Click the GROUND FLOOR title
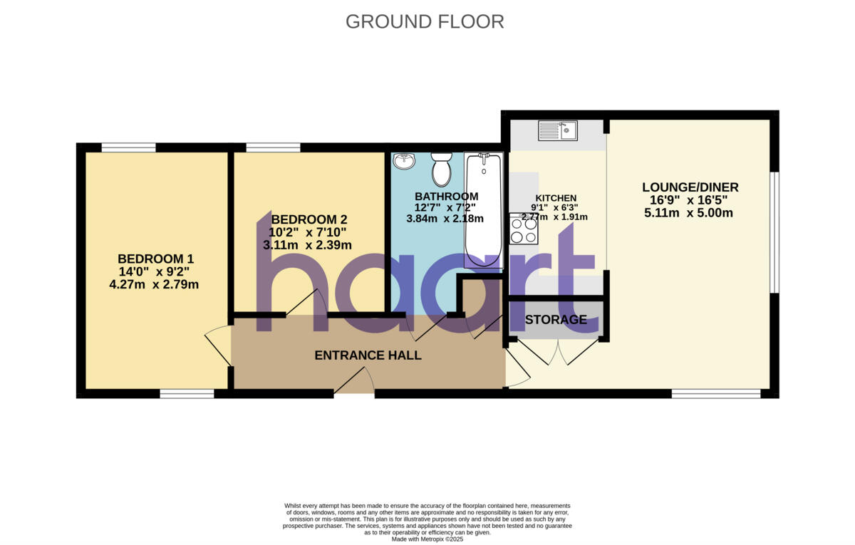click(x=425, y=21)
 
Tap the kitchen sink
click(x=558, y=130)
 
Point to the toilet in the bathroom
click(x=442, y=168)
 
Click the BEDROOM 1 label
click(x=155, y=259)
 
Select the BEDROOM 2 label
click(x=309, y=219)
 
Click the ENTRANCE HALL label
click(x=368, y=355)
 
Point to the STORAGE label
click(x=556, y=320)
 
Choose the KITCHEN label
click(x=556, y=198)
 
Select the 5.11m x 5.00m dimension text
click(x=689, y=212)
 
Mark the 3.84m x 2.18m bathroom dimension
click(x=445, y=219)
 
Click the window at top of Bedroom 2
click(x=274, y=148)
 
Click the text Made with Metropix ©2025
click(x=427, y=539)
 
